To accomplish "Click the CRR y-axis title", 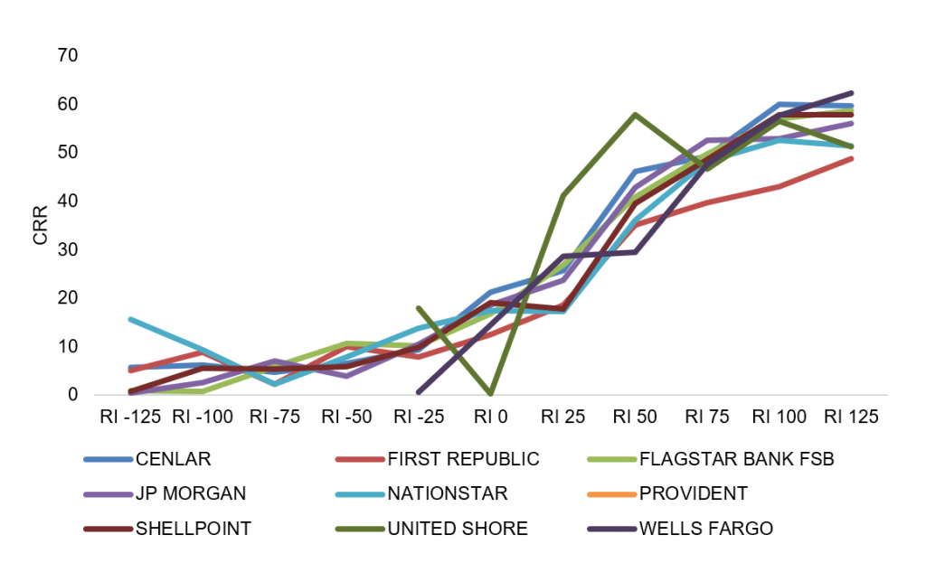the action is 40,225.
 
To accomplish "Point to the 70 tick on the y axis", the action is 68,55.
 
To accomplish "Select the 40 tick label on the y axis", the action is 68,202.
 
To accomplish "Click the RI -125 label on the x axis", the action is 130,417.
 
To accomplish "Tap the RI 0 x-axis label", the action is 491,417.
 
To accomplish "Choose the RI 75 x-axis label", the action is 707,417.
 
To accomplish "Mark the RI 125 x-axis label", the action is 851,417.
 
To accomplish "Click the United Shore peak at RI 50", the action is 635,114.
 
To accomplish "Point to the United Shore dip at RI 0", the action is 491,393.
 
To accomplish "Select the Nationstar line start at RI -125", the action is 130,319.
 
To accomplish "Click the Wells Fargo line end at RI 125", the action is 852,93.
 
